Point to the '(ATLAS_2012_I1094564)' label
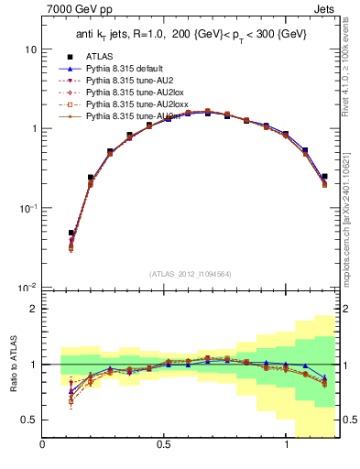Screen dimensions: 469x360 click(189, 273)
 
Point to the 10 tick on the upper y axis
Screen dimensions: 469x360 click(30, 49)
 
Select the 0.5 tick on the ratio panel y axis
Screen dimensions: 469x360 click(28, 420)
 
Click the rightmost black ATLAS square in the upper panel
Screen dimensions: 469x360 click(325, 176)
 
